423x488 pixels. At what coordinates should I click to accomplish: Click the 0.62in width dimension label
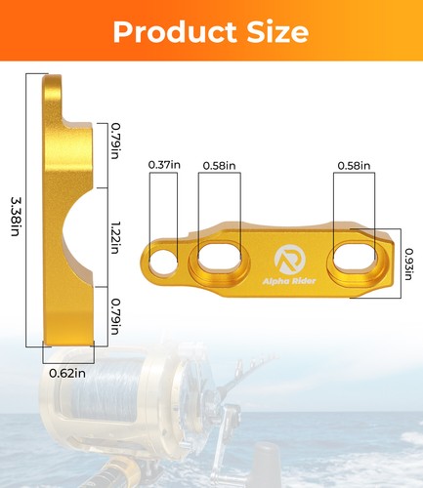(x=67, y=373)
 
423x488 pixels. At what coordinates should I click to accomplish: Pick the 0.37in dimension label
(x=164, y=166)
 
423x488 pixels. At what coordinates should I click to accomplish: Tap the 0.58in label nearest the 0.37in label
(x=220, y=166)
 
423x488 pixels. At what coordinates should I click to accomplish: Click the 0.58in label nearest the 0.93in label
(x=353, y=166)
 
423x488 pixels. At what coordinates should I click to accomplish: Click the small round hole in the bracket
(x=166, y=261)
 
